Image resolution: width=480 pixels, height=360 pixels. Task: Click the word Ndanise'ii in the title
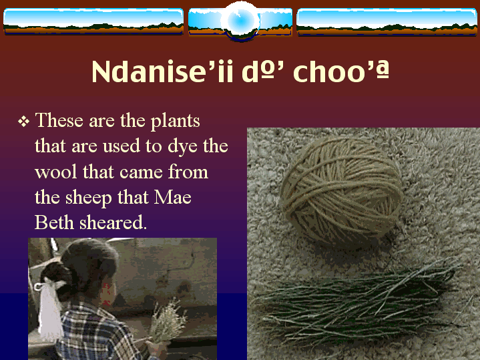(x=162, y=71)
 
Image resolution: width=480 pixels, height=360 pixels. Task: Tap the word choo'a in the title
(x=341, y=71)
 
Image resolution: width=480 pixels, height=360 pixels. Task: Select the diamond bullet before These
(x=23, y=122)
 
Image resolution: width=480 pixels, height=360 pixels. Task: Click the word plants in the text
(x=175, y=122)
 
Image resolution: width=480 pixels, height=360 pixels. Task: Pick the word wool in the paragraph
(x=56, y=172)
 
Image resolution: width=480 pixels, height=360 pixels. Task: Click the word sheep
(x=89, y=198)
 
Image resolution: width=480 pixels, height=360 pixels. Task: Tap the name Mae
(x=173, y=197)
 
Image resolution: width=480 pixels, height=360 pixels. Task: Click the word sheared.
(x=113, y=222)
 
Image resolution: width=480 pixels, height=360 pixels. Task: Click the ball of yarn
(x=341, y=192)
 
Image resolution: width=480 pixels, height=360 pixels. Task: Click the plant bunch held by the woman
(x=168, y=322)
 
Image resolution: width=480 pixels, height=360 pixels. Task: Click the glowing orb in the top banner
(x=240, y=21)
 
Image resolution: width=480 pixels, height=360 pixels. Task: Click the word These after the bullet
(x=59, y=120)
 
